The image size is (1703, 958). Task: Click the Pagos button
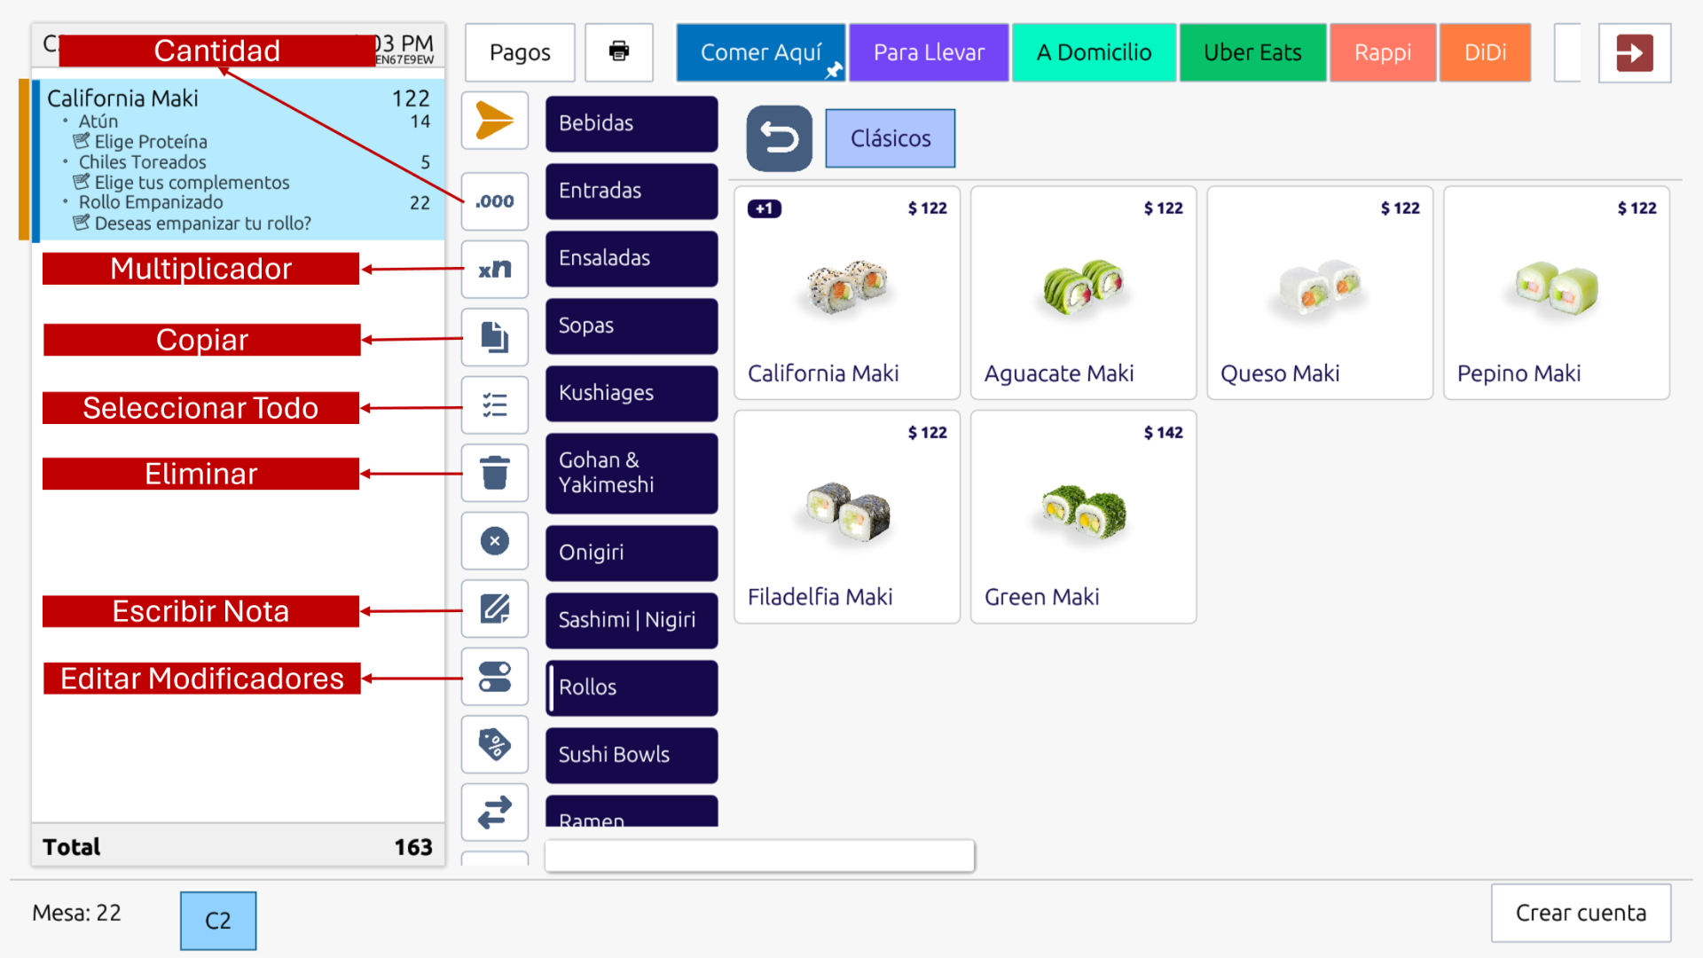click(x=520, y=52)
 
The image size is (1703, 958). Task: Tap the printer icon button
click(x=619, y=51)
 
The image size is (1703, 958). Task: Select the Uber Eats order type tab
click(x=1252, y=52)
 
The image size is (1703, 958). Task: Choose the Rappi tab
click(x=1382, y=52)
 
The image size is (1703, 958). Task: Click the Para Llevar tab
click(x=929, y=52)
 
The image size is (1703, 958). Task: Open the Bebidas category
click(x=631, y=123)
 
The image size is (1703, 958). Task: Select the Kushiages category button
click(x=631, y=393)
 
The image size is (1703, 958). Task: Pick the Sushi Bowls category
click(x=631, y=755)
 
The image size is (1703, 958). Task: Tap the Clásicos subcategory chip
click(x=890, y=138)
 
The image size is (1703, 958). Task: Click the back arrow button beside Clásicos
click(x=779, y=138)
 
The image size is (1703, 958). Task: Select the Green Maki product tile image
click(x=1083, y=513)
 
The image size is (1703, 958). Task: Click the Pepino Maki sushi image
click(x=1556, y=288)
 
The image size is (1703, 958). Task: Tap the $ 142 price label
click(x=1163, y=433)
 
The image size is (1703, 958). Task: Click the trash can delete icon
click(x=494, y=473)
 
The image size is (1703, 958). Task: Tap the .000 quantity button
click(x=494, y=201)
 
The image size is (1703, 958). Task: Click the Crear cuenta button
click(x=1581, y=913)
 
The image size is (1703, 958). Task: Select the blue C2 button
click(x=218, y=921)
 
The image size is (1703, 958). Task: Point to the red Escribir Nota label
click(x=201, y=611)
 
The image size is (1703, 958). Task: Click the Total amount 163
click(x=412, y=847)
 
